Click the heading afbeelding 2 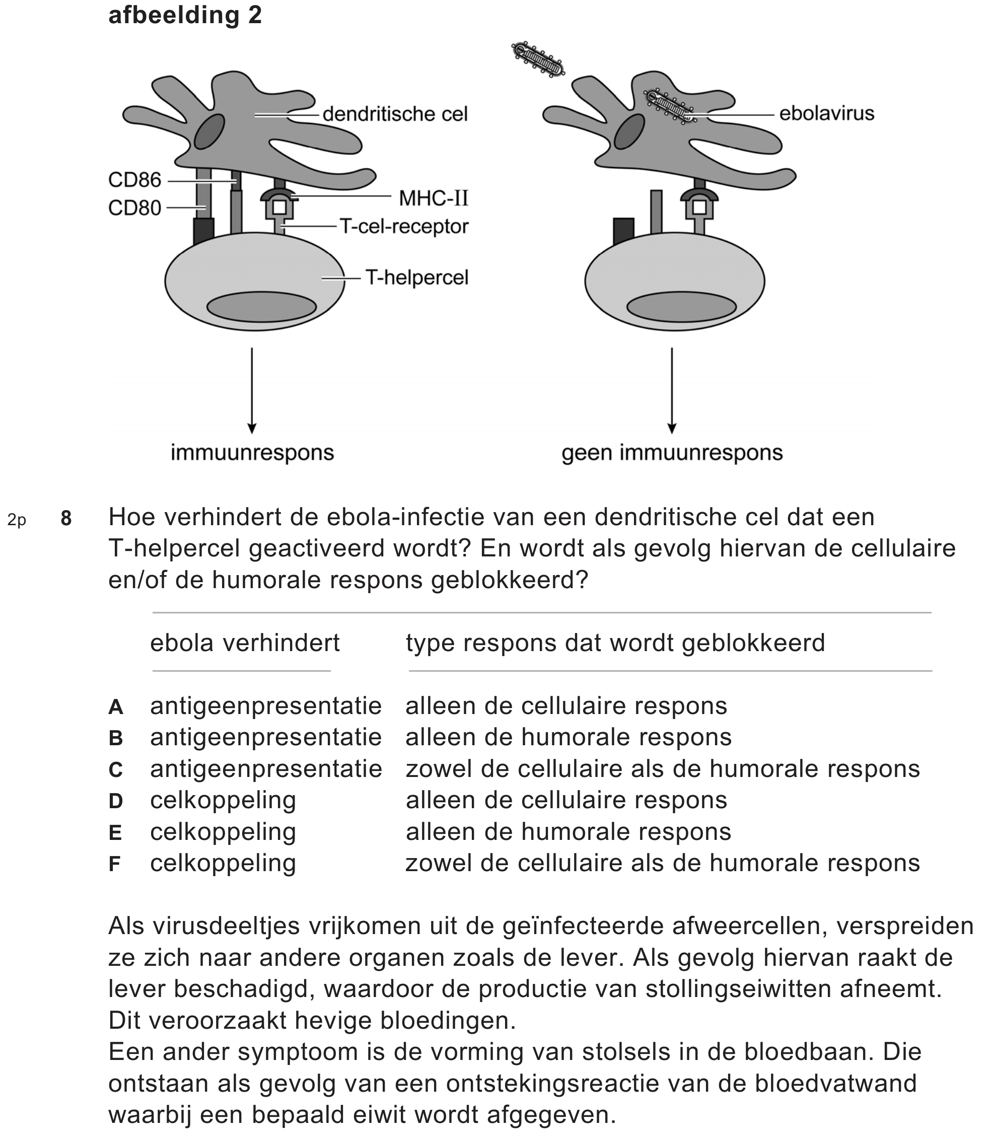[184, 15]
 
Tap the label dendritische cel [395, 114]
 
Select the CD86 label [134, 180]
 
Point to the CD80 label [134, 208]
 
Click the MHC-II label [434, 198]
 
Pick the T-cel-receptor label [404, 226]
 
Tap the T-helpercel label [417, 277]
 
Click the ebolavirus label [826, 114]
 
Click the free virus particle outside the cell [537, 59]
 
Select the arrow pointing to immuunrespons [252, 390]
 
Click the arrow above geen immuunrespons [672, 390]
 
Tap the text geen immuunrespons [672, 453]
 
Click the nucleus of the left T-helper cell [261, 307]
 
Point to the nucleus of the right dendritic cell [629, 132]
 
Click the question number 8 [66, 518]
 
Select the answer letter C [115, 770]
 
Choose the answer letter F [115, 864]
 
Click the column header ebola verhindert [244, 643]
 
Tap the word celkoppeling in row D [223, 800]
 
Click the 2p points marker [17, 520]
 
